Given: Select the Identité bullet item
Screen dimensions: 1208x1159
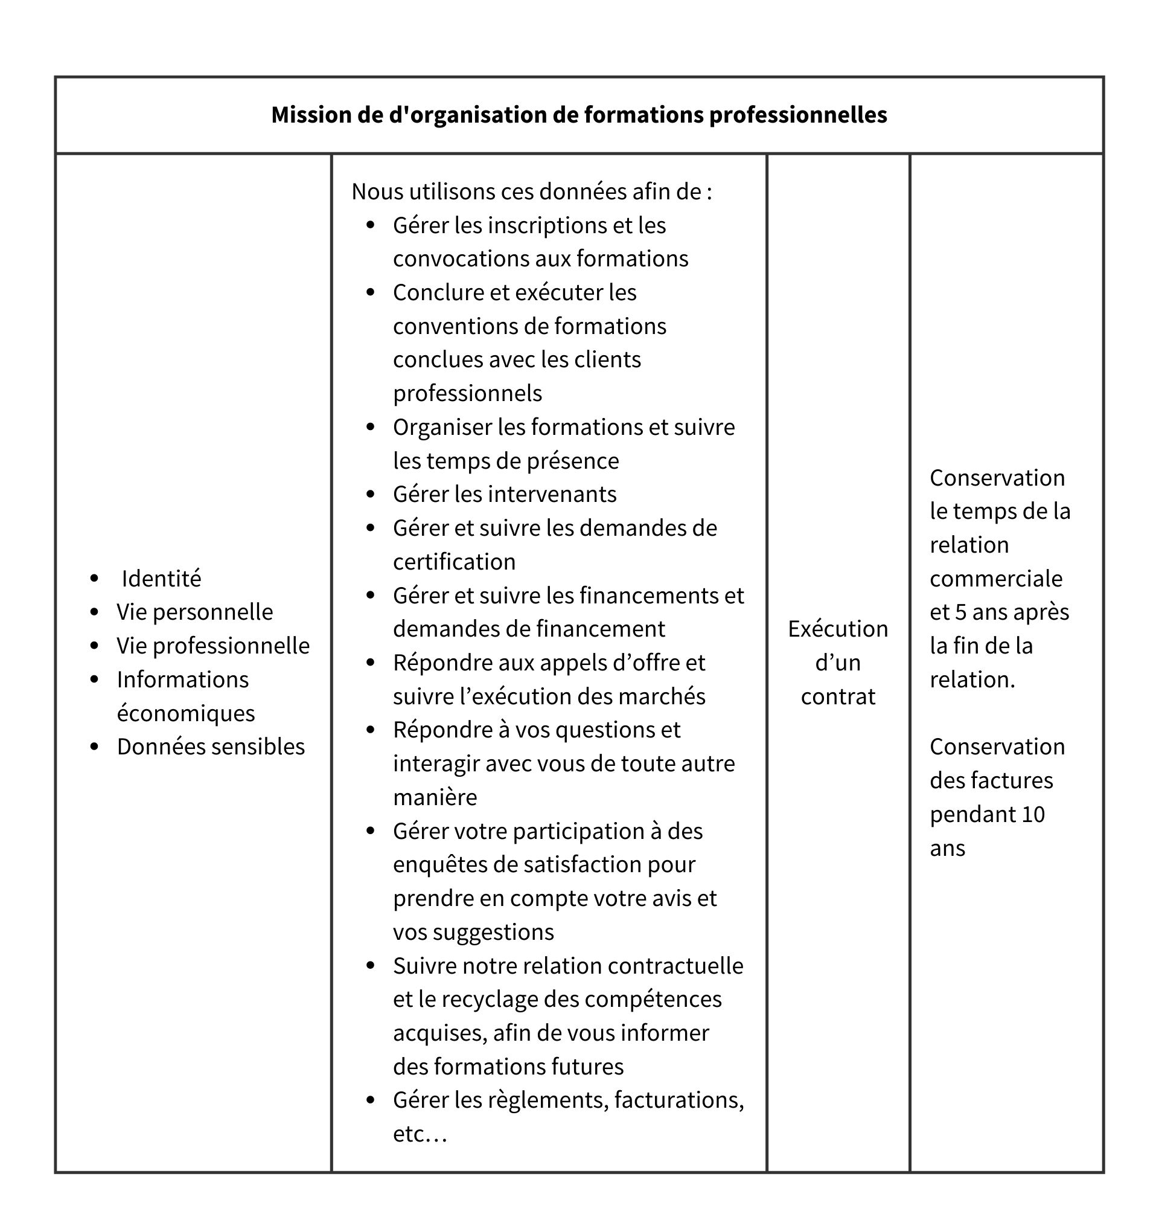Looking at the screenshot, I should [x=161, y=579].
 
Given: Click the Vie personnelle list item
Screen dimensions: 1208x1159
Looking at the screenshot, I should [x=194, y=612].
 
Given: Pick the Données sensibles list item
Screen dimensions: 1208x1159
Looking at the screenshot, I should [x=211, y=747].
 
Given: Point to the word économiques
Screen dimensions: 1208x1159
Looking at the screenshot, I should [x=185, y=713].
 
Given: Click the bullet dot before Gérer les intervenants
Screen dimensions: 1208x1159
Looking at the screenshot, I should [x=370, y=494].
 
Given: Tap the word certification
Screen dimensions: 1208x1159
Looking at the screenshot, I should [x=454, y=562].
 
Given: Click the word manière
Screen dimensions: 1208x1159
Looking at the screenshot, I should [x=435, y=797].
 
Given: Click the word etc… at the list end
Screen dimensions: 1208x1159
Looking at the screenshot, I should [x=420, y=1134].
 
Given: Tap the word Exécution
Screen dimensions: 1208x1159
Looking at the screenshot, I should [x=837, y=629].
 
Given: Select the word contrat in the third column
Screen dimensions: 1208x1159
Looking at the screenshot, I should [x=837, y=696].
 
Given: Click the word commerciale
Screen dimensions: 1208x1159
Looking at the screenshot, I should [x=996, y=579].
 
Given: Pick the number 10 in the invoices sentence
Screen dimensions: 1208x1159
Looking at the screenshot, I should [x=1033, y=814].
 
